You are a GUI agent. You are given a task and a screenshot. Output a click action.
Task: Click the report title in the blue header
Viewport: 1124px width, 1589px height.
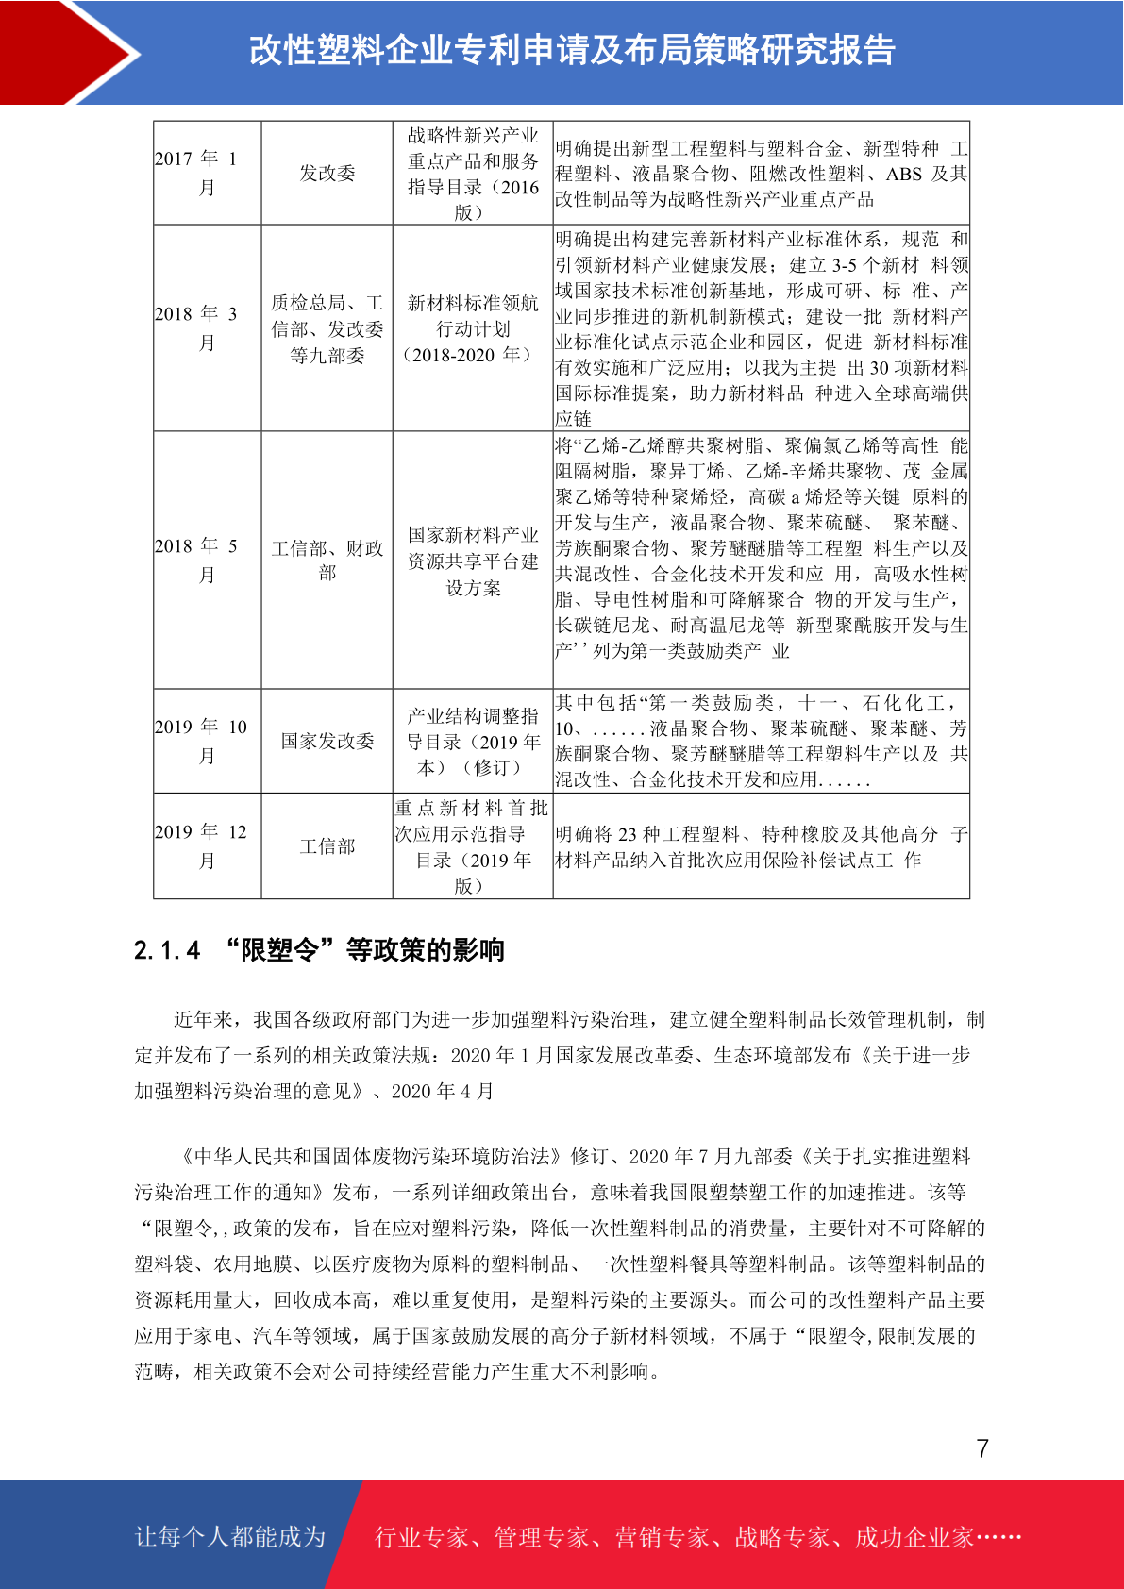[572, 50]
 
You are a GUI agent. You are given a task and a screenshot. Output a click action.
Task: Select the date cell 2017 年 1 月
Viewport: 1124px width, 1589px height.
[207, 173]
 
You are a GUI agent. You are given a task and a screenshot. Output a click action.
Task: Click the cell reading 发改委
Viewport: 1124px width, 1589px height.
[327, 173]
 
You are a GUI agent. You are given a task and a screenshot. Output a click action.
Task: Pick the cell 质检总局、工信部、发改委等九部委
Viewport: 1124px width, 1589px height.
[327, 328]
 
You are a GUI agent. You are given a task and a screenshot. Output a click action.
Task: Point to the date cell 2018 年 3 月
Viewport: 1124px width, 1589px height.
[207, 327]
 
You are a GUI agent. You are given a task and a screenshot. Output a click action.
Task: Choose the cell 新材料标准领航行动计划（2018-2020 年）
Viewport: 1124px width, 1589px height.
[472, 328]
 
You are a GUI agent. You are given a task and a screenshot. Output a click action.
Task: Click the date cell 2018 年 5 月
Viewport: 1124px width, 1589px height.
[207, 560]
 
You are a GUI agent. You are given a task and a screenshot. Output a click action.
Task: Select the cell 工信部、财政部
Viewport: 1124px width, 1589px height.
[327, 560]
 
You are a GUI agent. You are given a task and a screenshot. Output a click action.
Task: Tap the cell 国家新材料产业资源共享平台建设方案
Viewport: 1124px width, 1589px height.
[472, 560]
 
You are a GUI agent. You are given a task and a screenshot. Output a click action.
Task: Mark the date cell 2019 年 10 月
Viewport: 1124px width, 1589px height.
[207, 741]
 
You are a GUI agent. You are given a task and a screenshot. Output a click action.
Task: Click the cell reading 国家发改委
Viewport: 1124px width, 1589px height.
[327, 741]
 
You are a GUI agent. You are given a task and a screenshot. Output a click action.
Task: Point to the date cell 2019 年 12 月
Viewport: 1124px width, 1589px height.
[207, 845]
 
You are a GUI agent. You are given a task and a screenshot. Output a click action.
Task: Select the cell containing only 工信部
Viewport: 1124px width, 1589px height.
[327, 846]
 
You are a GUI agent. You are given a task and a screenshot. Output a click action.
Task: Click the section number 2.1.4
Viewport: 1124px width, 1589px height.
[167, 950]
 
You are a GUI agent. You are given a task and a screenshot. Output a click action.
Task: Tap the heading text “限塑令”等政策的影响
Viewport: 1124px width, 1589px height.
[364, 950]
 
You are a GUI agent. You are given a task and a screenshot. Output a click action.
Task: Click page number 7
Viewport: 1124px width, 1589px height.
[982, 1448]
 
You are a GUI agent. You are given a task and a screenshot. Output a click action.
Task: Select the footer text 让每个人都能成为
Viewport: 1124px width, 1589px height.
[230, 1537]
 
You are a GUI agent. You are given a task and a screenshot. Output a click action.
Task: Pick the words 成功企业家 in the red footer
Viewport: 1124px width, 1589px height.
[914, 1538]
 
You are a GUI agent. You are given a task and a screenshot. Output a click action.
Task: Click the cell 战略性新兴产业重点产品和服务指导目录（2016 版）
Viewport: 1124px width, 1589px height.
[472, 174]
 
